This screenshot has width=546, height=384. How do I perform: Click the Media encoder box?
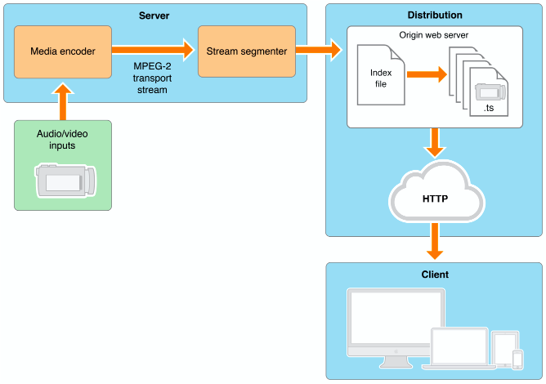click(x=62, y=51)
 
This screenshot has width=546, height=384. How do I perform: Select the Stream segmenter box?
click(x=246, y=51)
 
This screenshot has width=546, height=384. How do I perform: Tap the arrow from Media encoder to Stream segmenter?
click(x=154, y=51)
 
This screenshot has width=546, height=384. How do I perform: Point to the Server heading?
click(x=154, y=16)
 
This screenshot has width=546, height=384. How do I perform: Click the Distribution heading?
click(x=434, y=16)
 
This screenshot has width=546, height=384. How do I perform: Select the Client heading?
click(x=434, y=275)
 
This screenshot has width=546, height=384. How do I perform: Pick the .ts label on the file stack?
click(x=489, y=107)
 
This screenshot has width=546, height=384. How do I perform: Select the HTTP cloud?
click(x=434, y=197)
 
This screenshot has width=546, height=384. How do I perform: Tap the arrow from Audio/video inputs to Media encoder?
click(x=62, y=100)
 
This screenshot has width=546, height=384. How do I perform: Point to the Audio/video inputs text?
click(x=62, y=140)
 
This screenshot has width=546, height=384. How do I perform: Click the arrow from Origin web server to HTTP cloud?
click(x=434, y=144)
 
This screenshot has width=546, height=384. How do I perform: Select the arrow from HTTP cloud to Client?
click(x=434, y=241)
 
